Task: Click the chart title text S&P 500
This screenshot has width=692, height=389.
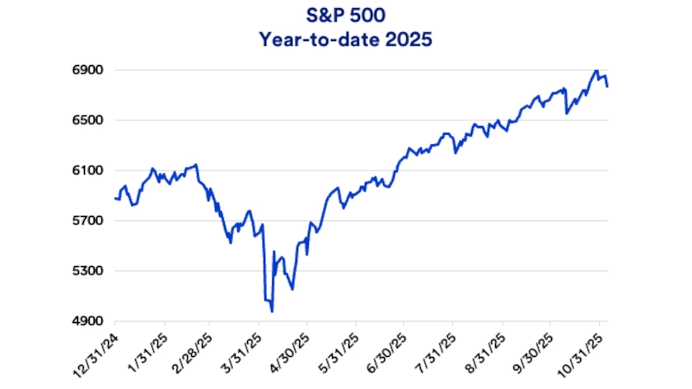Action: (345, 15)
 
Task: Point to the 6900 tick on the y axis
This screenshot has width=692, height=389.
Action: (86, 71)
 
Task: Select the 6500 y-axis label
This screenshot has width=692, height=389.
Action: (86, 120)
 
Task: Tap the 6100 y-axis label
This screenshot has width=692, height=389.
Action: (86, 171)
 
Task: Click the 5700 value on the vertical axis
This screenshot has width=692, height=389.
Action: (86, 221)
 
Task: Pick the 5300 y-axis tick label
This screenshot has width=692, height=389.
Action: (86, 271)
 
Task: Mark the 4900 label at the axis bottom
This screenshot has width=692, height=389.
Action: (86, 321)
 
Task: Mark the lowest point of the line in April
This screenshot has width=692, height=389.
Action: (272, 312)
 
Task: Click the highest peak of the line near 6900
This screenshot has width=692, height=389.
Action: (596, 71)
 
